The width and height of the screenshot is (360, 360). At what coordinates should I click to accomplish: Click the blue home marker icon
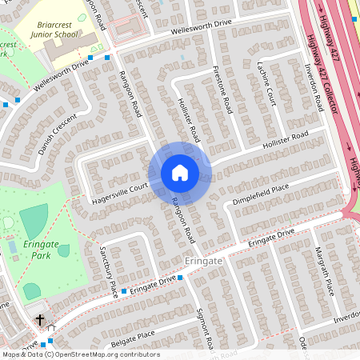180,173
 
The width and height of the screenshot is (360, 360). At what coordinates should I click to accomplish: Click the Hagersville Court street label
119,188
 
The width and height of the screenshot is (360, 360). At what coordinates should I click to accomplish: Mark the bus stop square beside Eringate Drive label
180,278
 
